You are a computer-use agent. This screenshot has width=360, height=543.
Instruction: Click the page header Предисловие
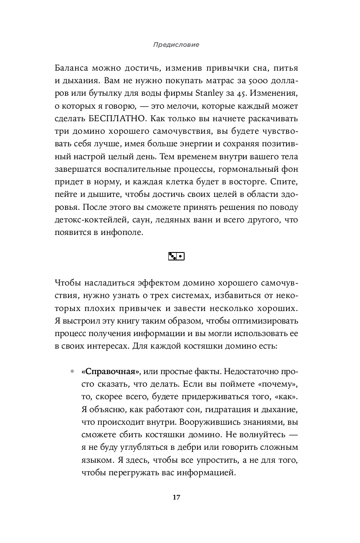click(175, 45)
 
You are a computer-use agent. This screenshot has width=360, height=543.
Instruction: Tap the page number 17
click(176, 497)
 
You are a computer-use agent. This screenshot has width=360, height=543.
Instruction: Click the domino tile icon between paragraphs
click(176, 256)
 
